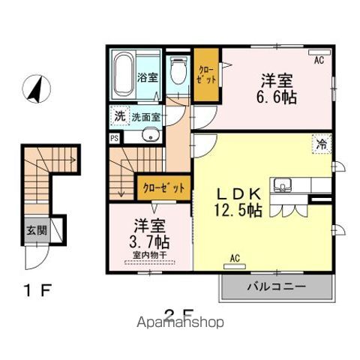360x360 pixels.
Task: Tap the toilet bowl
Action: point(178,73)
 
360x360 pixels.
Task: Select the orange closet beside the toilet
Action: point(205,75)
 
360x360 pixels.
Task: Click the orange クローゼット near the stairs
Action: point(162,188)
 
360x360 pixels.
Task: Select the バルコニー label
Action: point(275,286)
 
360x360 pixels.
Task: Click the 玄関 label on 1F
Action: point(35,230)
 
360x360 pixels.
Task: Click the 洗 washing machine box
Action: point(119,116)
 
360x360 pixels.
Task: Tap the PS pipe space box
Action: point(114,137)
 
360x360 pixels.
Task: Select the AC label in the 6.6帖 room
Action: point(318,59)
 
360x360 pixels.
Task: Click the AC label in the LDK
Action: point(235,259)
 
